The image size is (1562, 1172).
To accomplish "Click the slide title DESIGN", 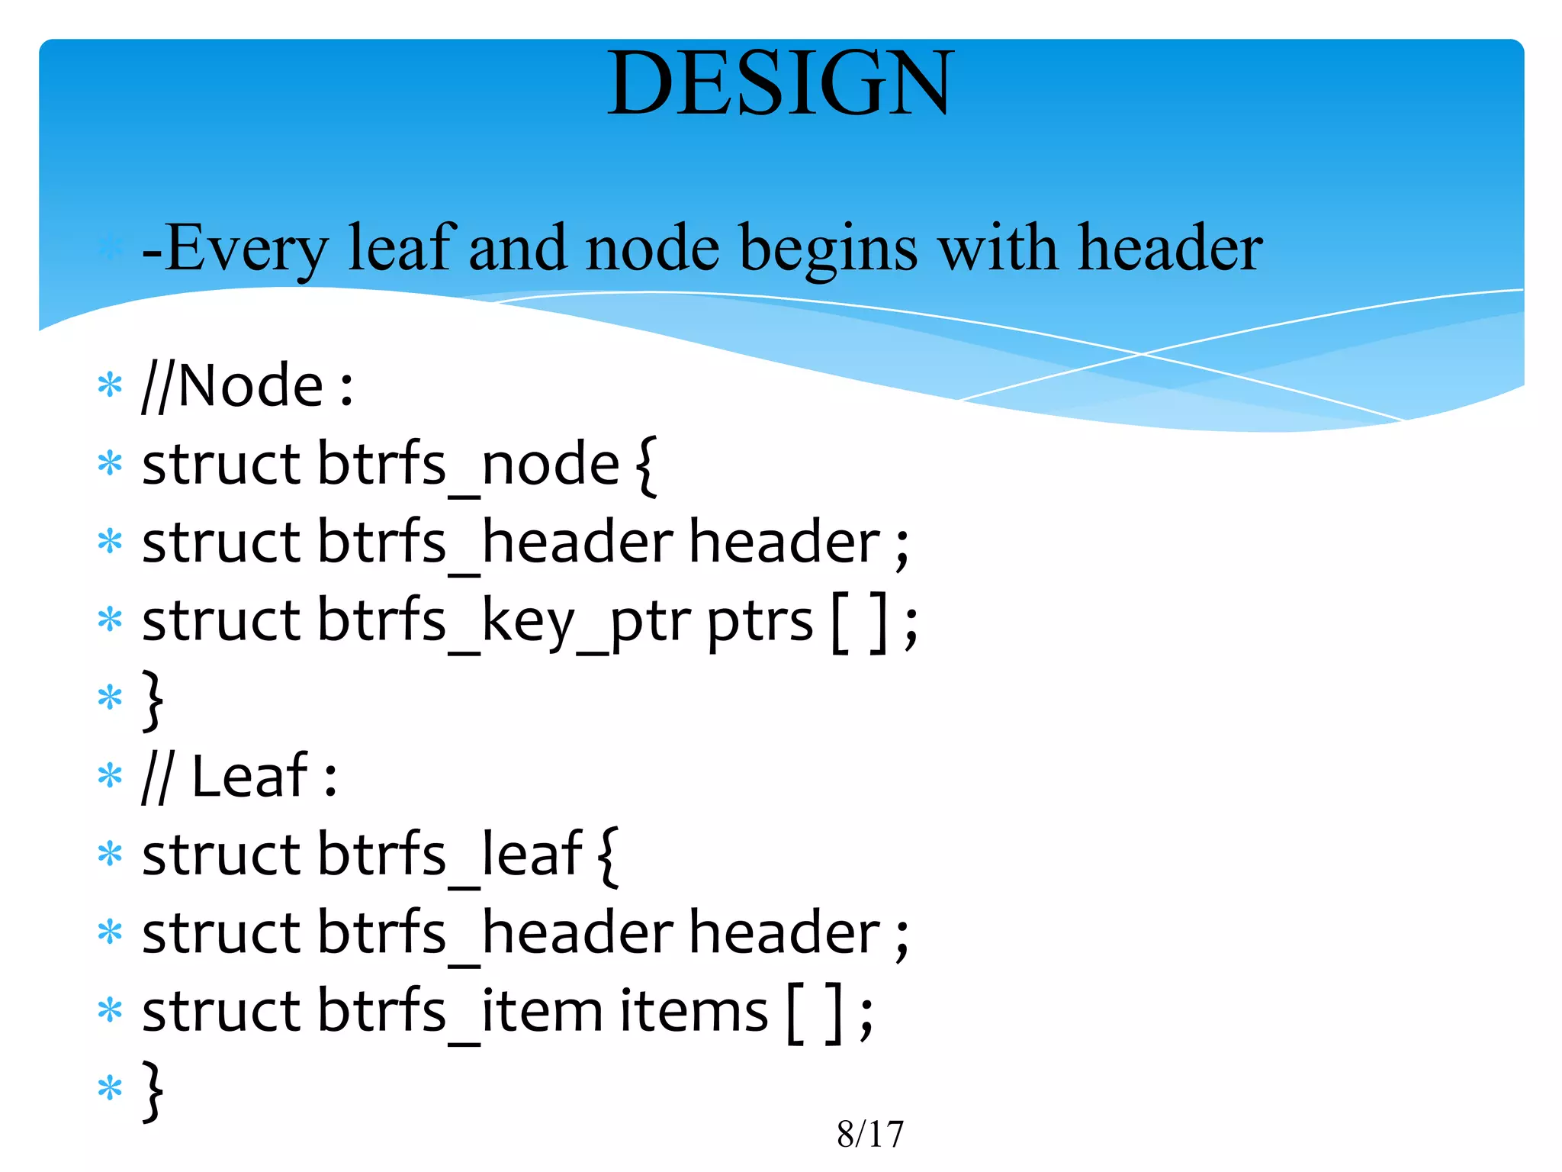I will coord(780,83).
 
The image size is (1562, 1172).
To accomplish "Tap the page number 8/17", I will coord(869,1134).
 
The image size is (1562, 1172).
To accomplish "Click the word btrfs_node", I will coord(468,465).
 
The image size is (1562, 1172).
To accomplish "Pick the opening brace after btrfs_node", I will coord(645,465).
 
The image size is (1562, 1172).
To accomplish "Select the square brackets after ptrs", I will coord(860,622).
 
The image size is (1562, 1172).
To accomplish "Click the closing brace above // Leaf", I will coord(153,699).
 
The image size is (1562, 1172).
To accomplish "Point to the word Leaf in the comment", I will coord(249,777).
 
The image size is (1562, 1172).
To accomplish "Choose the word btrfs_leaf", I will coord(450,855).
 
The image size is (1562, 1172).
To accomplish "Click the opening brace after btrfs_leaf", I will coord(608,855).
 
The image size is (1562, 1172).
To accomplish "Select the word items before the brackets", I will coord(693,1012).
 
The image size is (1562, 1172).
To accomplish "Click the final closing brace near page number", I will coord(153,1090).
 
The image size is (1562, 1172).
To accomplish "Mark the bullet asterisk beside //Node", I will coord(110,385).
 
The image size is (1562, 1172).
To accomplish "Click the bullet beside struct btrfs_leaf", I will coord(110,855).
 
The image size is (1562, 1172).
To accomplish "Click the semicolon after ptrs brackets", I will coord(911,629).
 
